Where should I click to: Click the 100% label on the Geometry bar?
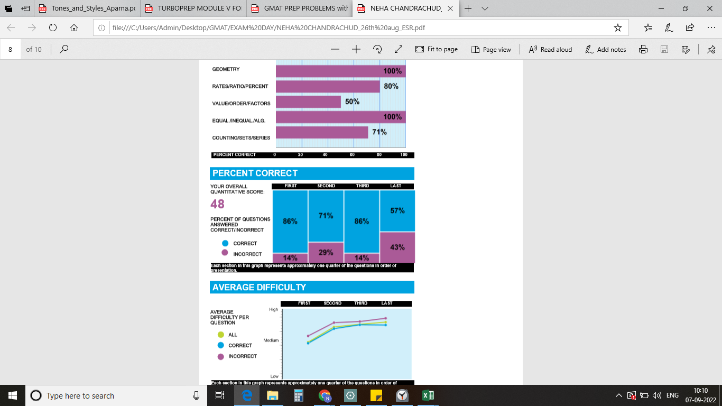pos(392,71)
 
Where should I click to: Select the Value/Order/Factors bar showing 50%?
pos(308,101)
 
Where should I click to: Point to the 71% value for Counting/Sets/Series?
pos(379,132)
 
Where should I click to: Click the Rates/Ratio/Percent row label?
pos(240,86)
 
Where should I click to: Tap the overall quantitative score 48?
pos(217,204)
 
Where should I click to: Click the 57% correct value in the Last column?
pos(397,210)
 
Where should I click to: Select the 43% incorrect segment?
pos(397,247)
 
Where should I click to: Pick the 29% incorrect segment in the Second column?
pos(326,253)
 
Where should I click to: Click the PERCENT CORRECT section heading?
pos(255,173)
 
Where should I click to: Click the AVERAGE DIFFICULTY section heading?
pos(259,288)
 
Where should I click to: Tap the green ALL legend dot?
pos(221,335)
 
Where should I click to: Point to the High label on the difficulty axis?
pos(273,309)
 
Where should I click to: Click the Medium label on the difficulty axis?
pos(271,340)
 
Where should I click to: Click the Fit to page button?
pos(437,49)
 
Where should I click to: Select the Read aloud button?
pos(550,49)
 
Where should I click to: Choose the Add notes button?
pos(606,49)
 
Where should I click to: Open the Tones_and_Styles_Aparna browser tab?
pos(87,8)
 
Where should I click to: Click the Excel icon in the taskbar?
pos(428,395)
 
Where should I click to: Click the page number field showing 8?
pos(11,49)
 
